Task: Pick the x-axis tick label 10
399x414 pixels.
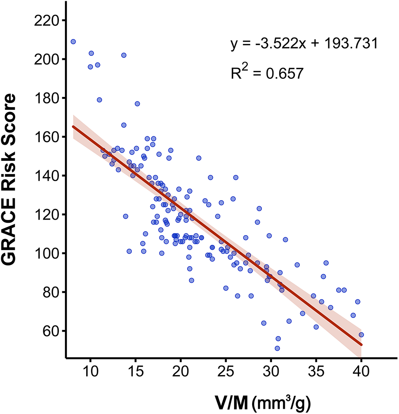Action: [90, 370]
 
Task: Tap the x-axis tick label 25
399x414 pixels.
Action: [226, 370]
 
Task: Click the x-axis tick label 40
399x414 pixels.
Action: [361, 370]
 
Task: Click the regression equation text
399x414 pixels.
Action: [303, 44]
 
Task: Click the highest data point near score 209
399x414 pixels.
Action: [73, 42]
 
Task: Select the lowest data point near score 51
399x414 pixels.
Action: [277, 348]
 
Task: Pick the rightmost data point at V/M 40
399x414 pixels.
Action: [361, 335]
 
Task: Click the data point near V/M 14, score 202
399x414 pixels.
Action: [124, 55]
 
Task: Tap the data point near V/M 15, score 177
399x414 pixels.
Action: [137, 104]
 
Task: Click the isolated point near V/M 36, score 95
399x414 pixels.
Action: [326, 263]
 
